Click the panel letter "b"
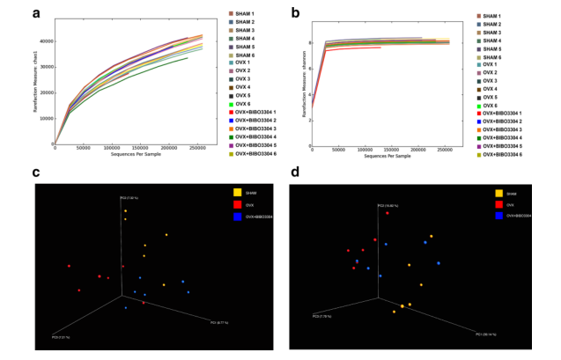point(296,13)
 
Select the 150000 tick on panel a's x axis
point(144,149)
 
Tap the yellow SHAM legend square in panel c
point(237,192)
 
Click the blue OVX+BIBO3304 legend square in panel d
point(498,216)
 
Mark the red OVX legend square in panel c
point(237,203)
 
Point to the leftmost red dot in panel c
point(69,265)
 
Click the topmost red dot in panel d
point(387,212)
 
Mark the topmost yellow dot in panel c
point(125,211)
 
